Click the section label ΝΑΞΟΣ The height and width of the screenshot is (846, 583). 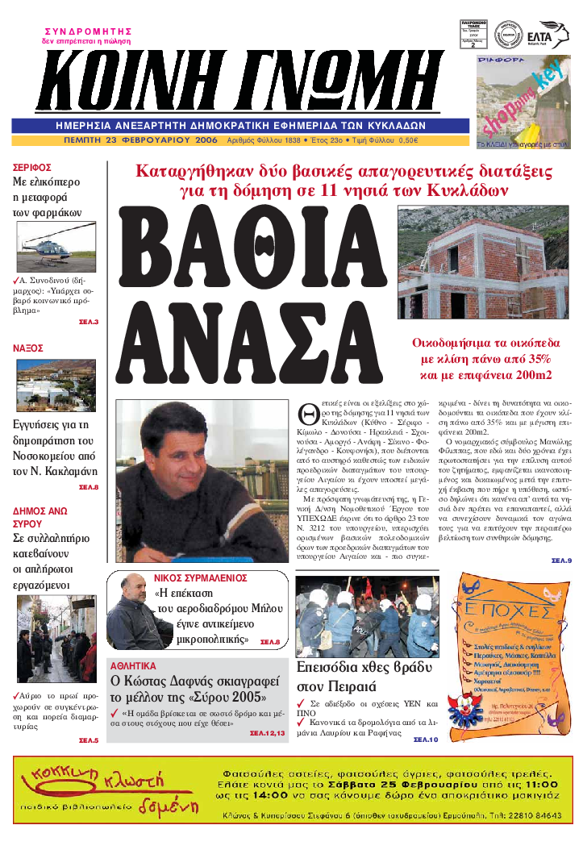point(27,348)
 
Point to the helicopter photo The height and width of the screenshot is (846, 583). point(56,247)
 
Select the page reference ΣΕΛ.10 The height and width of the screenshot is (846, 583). point(425,739)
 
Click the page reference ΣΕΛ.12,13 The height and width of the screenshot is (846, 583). point(268,733)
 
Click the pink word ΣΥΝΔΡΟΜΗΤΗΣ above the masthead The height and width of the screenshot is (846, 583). point(87,31)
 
